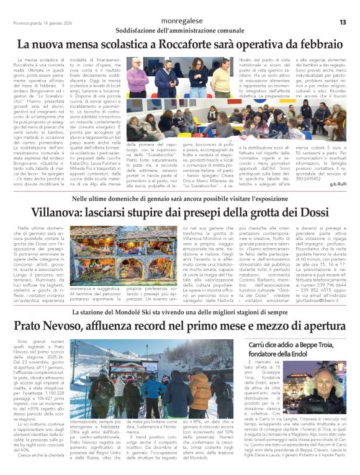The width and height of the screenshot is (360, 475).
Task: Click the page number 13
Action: pos(342,22)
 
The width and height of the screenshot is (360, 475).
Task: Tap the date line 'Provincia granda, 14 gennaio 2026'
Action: pos(40,23)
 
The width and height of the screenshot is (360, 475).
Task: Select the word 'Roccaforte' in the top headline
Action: pos(200,45)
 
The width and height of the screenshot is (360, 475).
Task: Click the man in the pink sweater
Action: pos(138,79)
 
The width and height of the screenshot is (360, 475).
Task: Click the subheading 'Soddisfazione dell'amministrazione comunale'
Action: pos(179,30)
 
